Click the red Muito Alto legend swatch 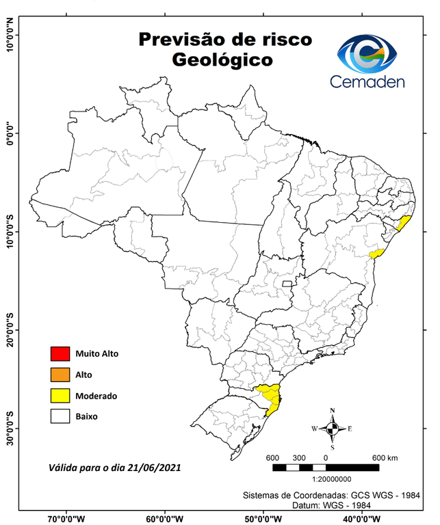[60, 353]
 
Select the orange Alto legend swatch [60, 374]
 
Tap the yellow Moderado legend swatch [60, 395]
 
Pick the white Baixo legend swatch [60, 416]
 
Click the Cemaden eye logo [367, 54]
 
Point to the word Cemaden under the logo [367, 82]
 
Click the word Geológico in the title [222, 60]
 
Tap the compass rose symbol [332, 429]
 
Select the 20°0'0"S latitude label [10, 330]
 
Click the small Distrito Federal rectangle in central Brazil [287, 282]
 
